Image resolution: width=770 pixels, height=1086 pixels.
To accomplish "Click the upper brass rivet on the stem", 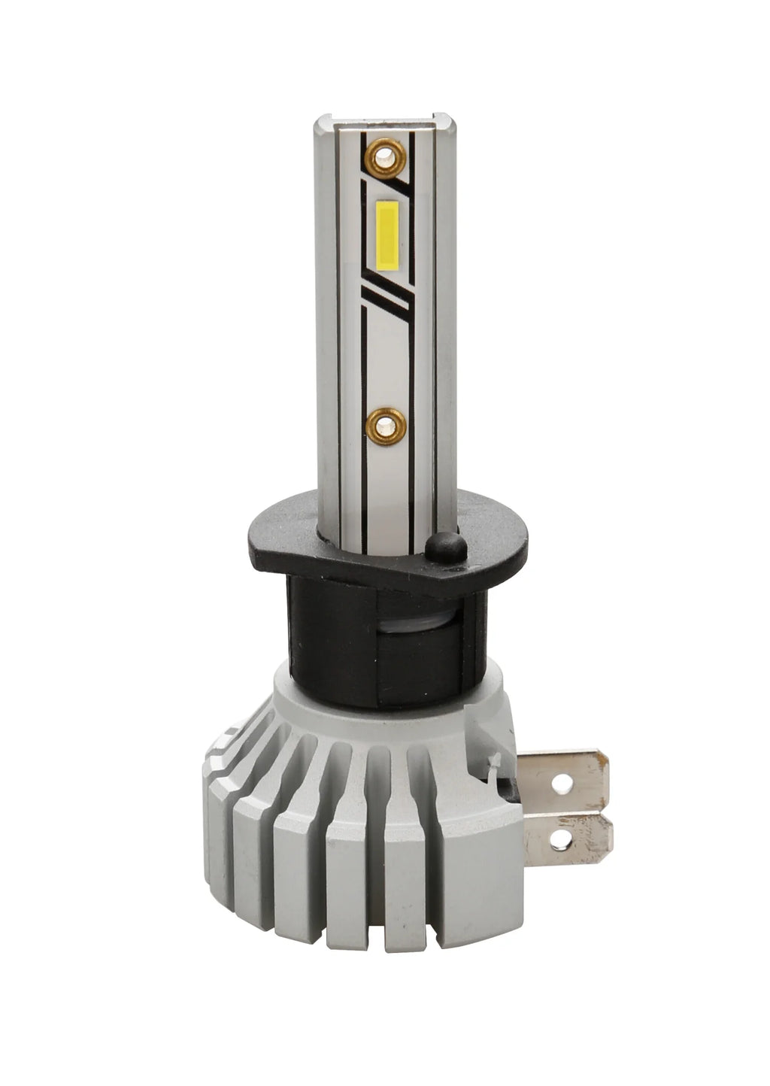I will (385, 156).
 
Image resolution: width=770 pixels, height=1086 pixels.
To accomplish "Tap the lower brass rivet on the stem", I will (386, 426).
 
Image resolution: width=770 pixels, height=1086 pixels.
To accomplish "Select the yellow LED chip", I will (387, 235).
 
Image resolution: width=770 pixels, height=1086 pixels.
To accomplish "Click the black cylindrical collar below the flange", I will (331, 639).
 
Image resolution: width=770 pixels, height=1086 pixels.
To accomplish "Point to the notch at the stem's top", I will (384, 121).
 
